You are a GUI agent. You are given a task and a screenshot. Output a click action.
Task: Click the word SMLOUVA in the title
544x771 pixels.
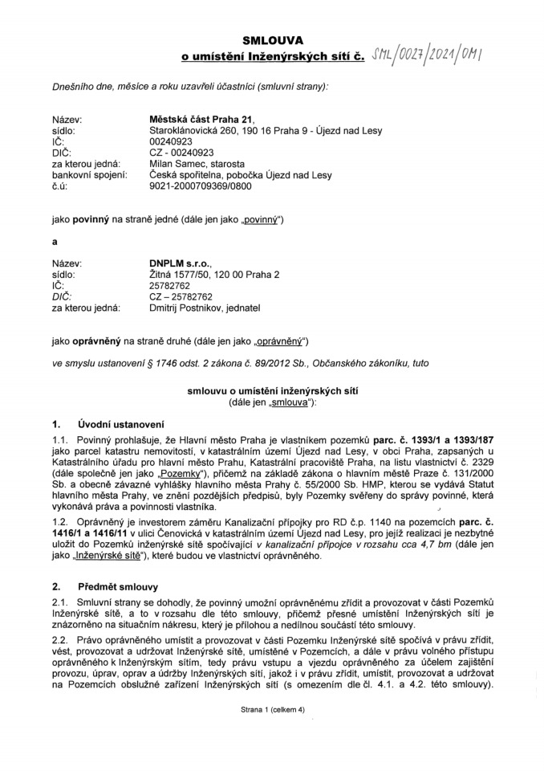point(271,40)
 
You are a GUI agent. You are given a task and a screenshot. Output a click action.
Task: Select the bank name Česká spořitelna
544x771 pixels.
point(186,175)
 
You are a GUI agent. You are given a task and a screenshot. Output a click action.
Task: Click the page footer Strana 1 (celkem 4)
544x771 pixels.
point(272,710)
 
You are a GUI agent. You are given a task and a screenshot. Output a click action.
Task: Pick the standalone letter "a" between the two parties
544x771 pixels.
point(55,239)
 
